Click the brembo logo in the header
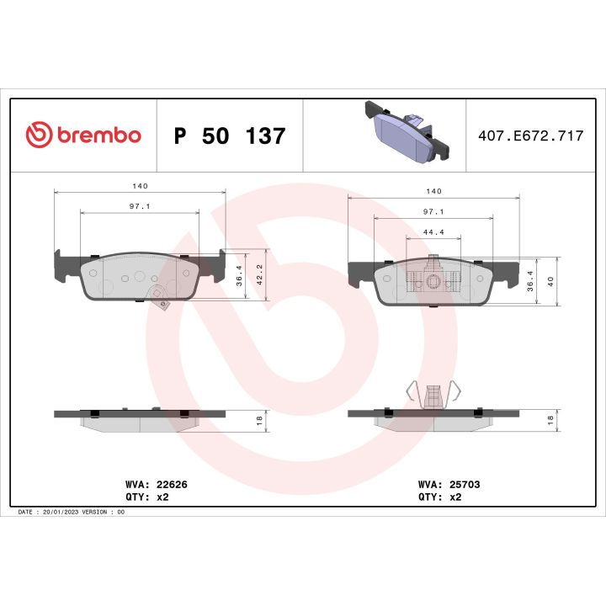coord(83,135)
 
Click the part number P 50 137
coord(229,136)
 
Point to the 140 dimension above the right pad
coord(433,191)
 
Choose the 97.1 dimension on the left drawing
coord(139,205)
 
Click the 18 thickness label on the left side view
coord(260,418)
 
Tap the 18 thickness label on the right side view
coord(550,418)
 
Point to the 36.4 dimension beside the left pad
coord(239,274)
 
